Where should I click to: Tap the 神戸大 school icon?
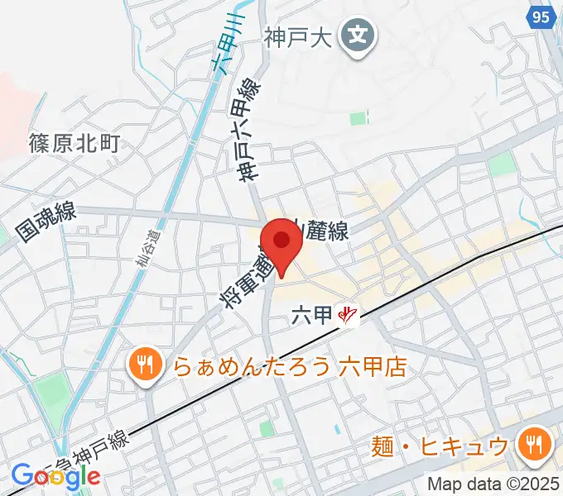(358, 37)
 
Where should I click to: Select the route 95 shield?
(541, 18)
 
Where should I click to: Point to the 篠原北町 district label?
(74, 143)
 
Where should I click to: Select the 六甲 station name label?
(313, 314)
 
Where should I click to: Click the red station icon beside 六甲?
(349, 315)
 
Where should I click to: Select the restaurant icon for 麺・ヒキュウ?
(530, 447)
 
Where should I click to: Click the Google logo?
(56, 476)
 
